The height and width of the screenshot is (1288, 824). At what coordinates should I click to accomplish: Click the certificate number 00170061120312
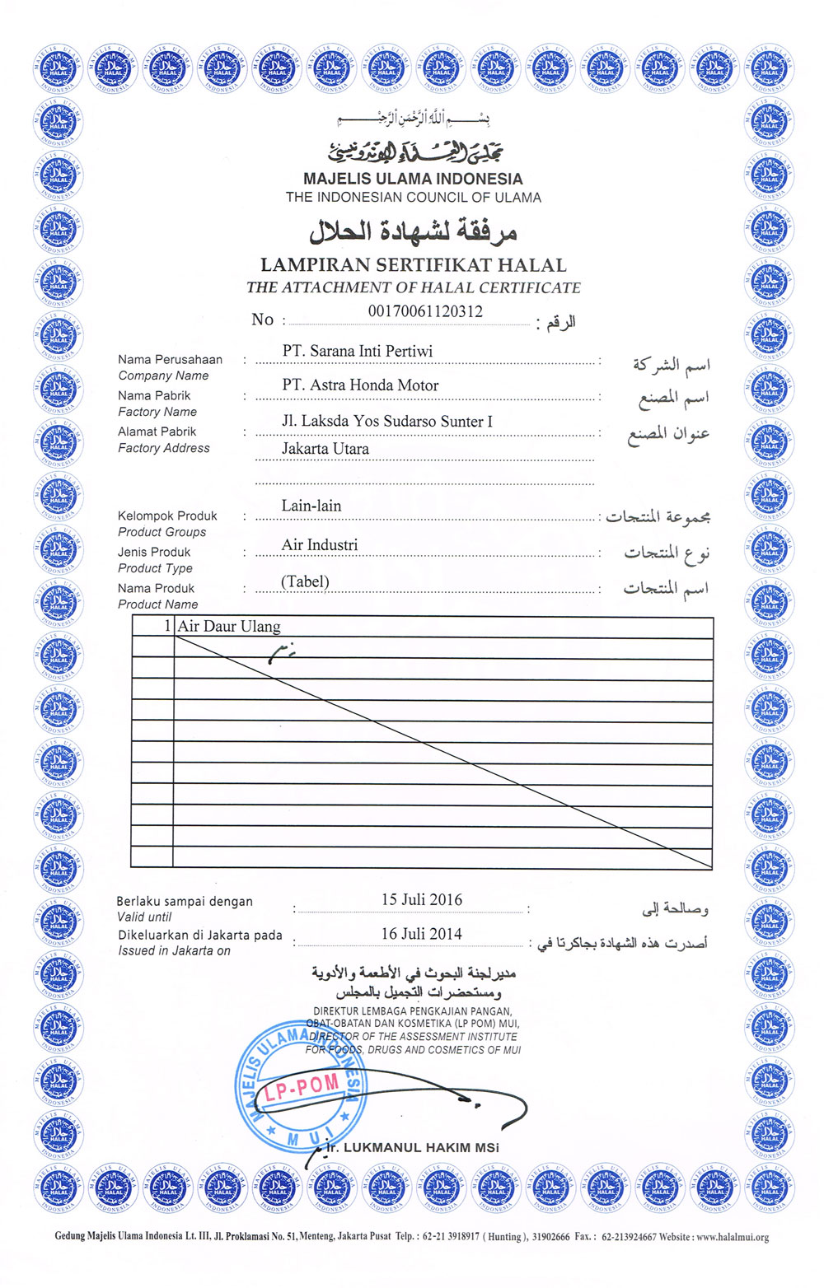tap(425, 311)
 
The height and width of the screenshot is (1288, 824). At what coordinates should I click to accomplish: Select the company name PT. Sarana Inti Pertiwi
tap(357, 351)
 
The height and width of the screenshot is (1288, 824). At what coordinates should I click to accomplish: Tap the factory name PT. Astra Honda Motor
tap(360, 385)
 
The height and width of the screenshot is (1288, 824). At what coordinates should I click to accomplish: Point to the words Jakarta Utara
tap(325, 449)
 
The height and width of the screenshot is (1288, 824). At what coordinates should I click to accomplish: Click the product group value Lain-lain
tap(311, 506)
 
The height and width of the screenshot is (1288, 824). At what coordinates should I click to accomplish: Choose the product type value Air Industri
tap(320, 544)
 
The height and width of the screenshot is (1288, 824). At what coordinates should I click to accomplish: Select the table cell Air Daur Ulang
tap(229, 627)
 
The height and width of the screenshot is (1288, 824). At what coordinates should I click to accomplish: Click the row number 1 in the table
tap(167, 627)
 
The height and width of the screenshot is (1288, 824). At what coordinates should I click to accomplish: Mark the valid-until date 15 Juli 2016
tap(421, 899)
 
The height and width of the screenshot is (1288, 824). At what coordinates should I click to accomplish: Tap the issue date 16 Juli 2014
tap(421, 934)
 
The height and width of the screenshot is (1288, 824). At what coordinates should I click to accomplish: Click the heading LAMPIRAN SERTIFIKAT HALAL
tap(414, 265)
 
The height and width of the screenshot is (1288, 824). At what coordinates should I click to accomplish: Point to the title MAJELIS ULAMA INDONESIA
tap(413, 179)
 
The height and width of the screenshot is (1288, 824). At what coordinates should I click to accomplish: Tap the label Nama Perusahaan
tap(170, 360)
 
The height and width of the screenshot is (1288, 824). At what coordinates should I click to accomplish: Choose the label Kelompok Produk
tap(167, 516)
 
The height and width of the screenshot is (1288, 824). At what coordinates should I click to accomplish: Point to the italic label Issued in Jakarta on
tap(174, 951)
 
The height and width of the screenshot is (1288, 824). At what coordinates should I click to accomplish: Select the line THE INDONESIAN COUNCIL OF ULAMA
tap(414, 198)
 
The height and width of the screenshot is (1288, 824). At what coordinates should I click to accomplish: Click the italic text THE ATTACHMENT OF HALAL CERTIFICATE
tap(414, 288)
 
